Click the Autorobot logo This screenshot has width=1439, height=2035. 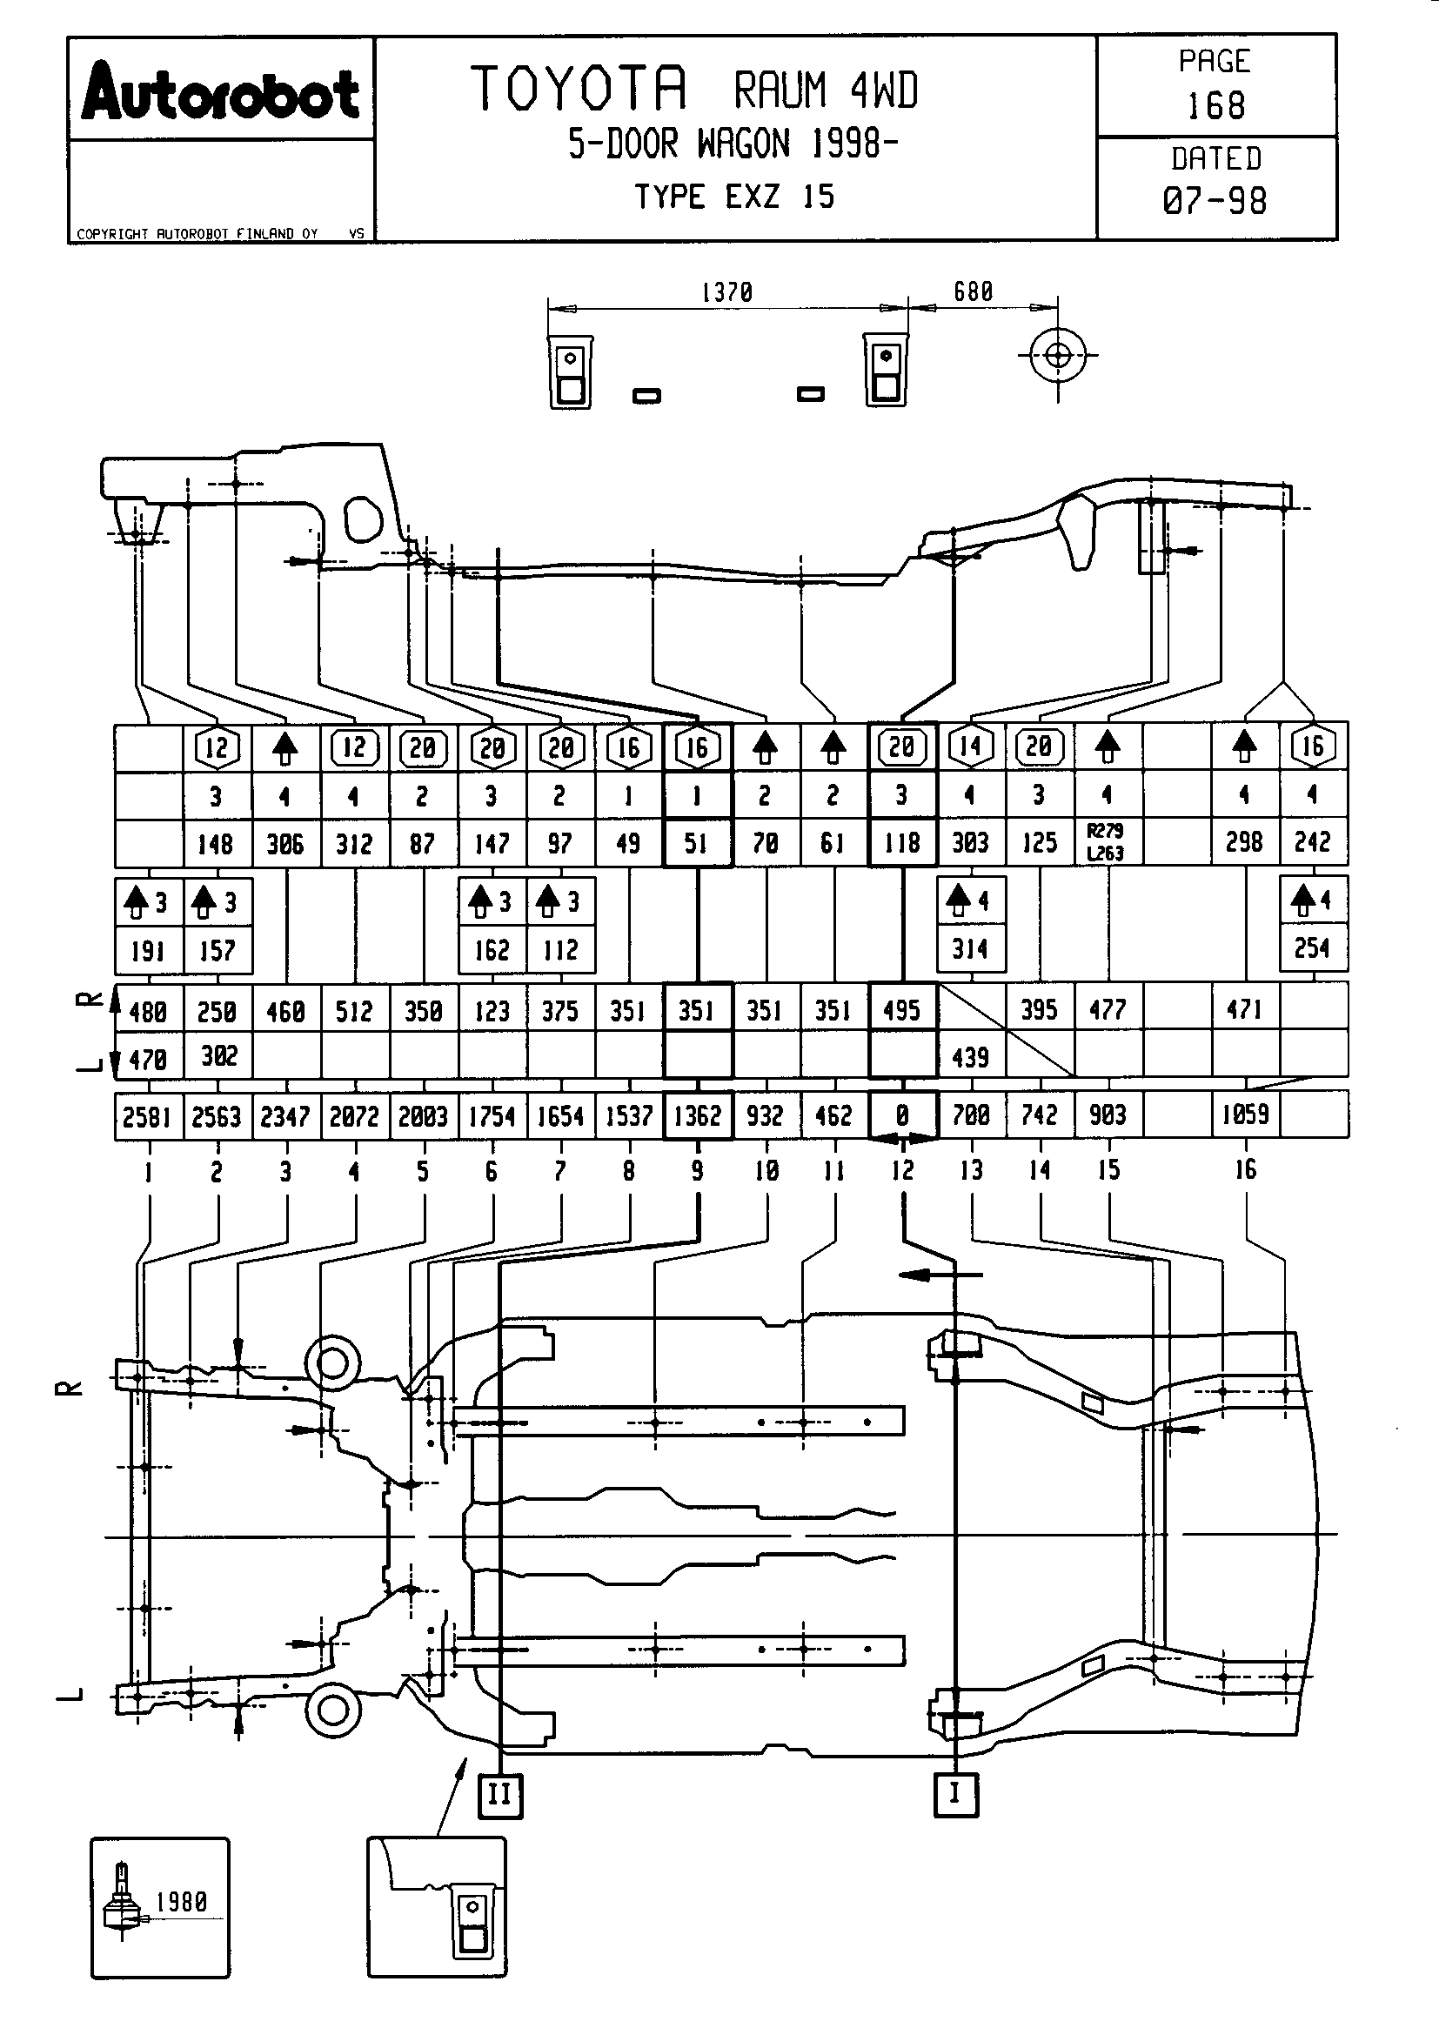tap(221, 91)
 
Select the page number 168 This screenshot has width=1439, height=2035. tap(1215, 106)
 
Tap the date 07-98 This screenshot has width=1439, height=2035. tap(1215, 201)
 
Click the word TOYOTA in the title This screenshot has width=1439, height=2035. tap(579, 89)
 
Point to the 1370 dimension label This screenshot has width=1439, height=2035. tap(726, 291)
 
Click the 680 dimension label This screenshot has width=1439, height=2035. tap(973, 291)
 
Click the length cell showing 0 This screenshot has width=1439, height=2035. tap(902, 1115)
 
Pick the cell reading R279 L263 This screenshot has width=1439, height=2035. tap(1106, 842)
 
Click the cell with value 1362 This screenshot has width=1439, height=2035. tap(698, 1115)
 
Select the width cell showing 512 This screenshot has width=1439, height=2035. tap(354, 1011)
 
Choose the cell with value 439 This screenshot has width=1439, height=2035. tap(970, 1056)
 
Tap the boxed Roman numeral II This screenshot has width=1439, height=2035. tap(499, 1796)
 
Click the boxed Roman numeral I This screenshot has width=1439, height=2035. tap(955, 1794)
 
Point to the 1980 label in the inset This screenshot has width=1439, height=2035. tap(182, 1901)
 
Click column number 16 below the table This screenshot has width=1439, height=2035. tap(1246, 1170)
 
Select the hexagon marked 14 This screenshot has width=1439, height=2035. tap(970, 746)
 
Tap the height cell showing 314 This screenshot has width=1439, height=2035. tap(970, 949)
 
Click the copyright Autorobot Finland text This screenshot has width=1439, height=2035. tap(197, 234)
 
